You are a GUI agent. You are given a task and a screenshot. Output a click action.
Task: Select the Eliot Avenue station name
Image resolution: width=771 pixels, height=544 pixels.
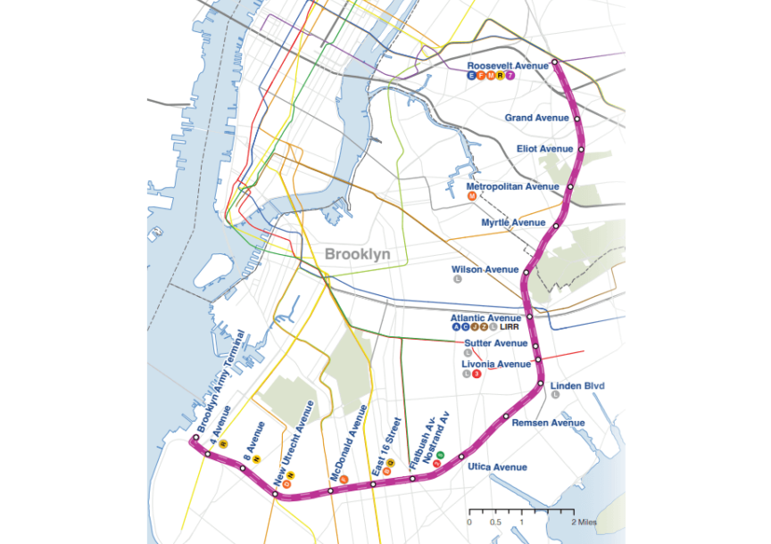[x=544, y=149]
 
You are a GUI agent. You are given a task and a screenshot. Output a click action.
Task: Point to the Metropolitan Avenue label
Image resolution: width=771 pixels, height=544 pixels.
[x=518, y=186]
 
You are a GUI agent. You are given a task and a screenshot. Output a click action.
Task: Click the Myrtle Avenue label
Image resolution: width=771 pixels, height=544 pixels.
[x=513, y=222]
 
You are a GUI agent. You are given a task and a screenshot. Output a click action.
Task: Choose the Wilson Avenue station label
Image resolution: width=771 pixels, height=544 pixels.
[x=485, y=268]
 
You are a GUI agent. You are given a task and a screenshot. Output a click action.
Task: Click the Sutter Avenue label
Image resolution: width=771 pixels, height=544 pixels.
[x=496, y=343]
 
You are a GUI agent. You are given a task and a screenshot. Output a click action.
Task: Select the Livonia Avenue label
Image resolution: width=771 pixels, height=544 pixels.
[x=495, y=364]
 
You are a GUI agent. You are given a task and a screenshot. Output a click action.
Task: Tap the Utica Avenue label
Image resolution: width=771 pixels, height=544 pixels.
[x=497, y=467]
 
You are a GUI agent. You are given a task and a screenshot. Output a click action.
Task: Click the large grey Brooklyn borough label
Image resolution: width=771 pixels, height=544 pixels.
[x=358, y=254]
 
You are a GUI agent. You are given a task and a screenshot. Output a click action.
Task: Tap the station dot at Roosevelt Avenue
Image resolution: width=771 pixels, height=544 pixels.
[x=554, y=62]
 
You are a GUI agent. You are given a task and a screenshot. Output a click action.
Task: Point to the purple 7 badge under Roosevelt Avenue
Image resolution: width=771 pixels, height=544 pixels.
[x=511, y=77]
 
